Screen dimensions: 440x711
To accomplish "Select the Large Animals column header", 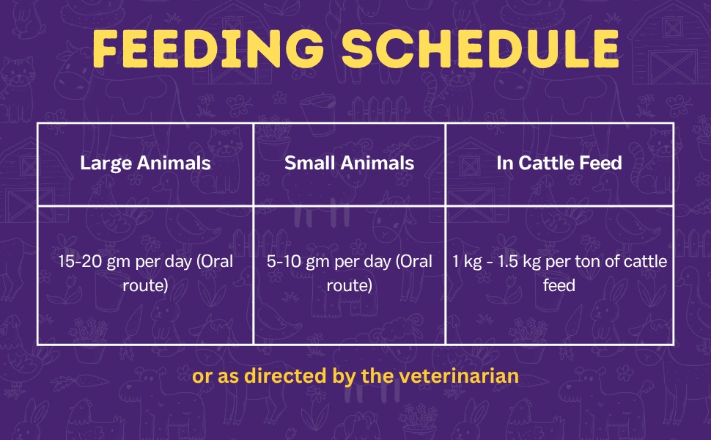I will pyautogui.click(x=145, y=163).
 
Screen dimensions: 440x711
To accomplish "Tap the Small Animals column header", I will pyautogui.click(x=349, y=163).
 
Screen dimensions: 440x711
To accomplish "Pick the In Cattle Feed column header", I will pyautogui.click(x=559, y=163).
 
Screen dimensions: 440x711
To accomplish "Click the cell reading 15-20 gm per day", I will pyautogui.click(x=145, y=273).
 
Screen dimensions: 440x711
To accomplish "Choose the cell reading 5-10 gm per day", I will pyautogui.click(x=349, y=273).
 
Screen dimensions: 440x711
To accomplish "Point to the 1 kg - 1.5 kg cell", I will pyautogui.click(x=559, y=273).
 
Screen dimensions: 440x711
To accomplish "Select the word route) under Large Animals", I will pyautogui.click(x=145, y=285).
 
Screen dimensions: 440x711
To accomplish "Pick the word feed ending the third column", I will pyautogui.click(x=559, y=285).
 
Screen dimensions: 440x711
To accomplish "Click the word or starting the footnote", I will pyautogui.click(x=200, y=376).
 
